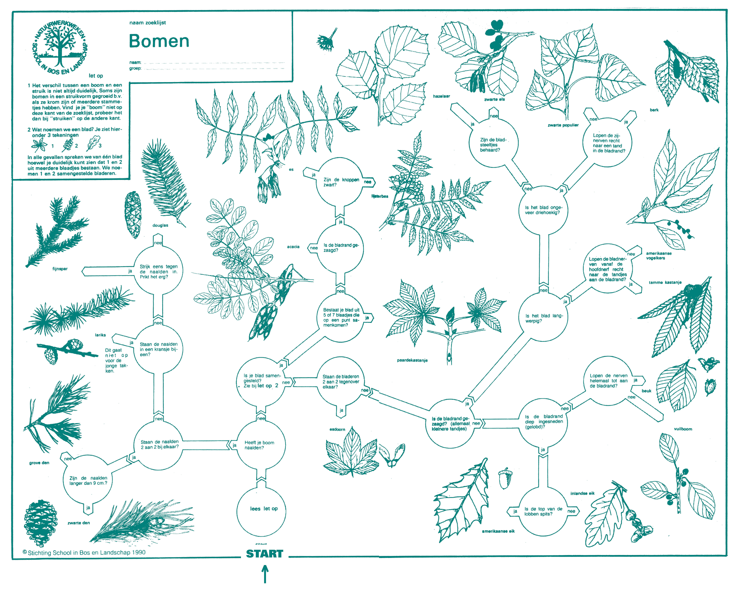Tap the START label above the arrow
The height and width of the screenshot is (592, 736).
tap(265, 553)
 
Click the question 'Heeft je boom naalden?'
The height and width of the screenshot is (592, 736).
tap(259, 445)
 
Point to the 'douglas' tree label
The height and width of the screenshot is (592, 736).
tap(160, 225)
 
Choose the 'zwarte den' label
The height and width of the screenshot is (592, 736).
tap(79, 523)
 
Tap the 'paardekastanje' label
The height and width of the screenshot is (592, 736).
tap(412, 360)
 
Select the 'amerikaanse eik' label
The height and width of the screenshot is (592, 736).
tap(498, 531)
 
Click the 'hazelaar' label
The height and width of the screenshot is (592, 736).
tap(441, 96)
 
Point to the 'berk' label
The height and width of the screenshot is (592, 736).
tap(654, 110)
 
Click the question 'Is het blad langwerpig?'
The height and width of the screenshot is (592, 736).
tap(543, 318)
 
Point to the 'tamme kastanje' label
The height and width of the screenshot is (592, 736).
tap(665, 282)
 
